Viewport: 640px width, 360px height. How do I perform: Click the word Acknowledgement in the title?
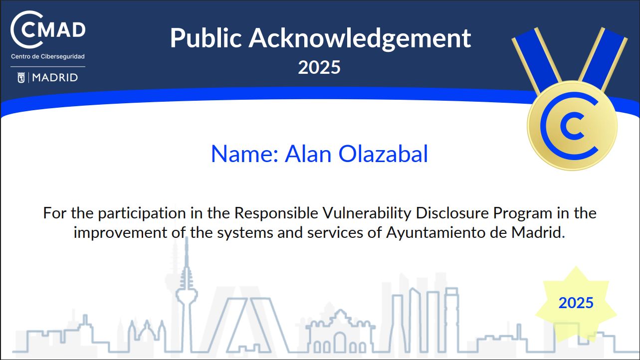coord(360,39)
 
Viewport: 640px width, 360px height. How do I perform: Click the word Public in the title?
coord(206,38)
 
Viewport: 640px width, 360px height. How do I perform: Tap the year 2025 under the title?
coord(319,67)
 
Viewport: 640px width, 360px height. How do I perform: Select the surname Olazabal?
coord(383,154)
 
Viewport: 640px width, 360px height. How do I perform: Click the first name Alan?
coord(308,154)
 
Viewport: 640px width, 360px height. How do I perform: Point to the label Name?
coord(244,154)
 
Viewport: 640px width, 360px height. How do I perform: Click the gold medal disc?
coord(572,126)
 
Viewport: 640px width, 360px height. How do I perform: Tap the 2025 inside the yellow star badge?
coord(576,303)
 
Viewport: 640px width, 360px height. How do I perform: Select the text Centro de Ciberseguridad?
coord(48,56)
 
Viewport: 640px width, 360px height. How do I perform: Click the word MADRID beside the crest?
coord(55,78)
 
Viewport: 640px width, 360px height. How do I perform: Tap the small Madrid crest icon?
coord(21,78)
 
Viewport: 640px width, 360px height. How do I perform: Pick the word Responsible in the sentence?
coord(276,213)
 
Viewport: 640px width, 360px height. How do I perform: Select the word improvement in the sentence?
coord(120,233)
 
